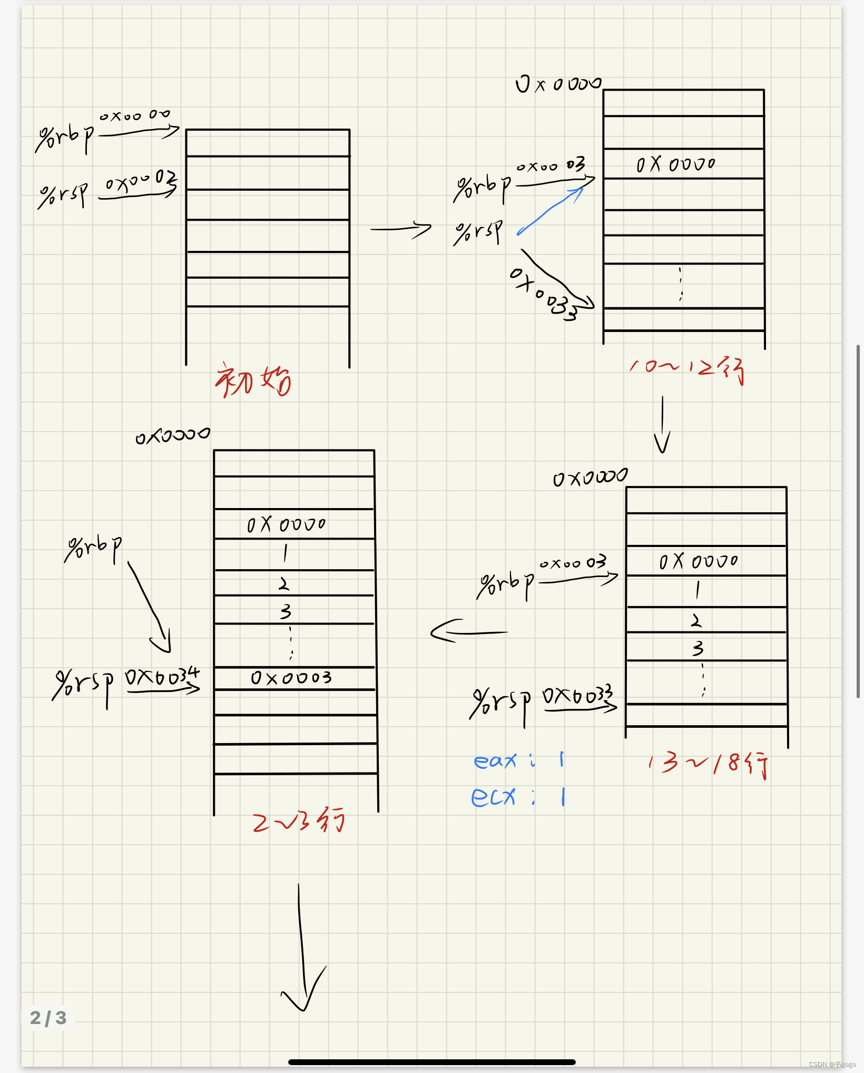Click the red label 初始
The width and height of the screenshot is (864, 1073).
click(252, 381)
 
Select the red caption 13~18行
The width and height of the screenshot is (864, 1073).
click(709, 764)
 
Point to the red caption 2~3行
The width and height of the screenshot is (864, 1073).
click(298, 821)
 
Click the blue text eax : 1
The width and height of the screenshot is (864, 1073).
click(519, 760)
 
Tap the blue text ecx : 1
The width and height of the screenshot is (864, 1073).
click(518, 797)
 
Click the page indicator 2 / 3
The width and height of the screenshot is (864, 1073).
click(48, 1018)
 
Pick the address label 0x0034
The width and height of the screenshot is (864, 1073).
click(162, 677)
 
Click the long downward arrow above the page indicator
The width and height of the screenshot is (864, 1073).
click(302, 949)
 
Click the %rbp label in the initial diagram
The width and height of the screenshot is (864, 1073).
click(64, 138)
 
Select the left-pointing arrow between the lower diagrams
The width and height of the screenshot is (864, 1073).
click(468, 631)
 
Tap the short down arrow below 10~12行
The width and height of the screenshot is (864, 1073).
click(662, 425)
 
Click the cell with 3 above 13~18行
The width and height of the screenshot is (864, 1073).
click(706, 647)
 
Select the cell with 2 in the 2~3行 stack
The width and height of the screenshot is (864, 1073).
click(294, 583)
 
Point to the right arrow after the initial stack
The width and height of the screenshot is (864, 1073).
click(401, 229)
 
